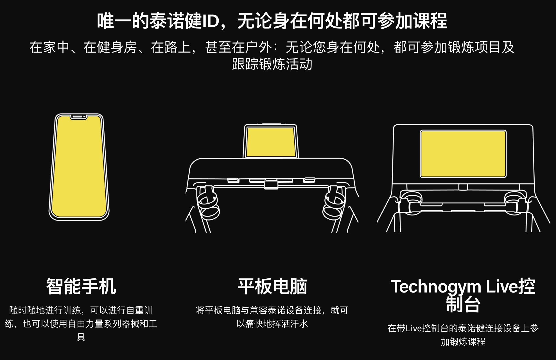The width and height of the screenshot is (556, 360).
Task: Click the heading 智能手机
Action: click(81, 286)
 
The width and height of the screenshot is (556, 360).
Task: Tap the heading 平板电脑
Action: click(272, 286)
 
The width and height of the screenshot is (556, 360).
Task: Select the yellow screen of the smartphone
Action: click(79, 169)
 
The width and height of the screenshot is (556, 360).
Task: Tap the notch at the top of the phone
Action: click(78, 117)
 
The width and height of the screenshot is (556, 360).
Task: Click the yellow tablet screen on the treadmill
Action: click(271, 142)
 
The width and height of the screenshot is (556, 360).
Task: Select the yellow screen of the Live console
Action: click(463, 154)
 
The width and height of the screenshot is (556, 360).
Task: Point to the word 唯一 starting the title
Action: click(114, 21)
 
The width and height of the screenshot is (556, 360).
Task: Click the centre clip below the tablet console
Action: click(271, 185)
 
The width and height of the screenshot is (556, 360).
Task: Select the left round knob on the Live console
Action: click(411, 198)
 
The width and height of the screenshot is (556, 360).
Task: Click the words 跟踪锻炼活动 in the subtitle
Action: click(272, 64)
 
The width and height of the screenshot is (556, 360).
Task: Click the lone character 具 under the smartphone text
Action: click(81, 337)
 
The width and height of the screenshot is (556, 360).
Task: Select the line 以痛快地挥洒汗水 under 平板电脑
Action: click(272, 324)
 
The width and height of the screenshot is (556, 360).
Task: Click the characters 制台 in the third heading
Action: click(463, 304)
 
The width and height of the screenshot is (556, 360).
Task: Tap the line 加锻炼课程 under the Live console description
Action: click(463, 342)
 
